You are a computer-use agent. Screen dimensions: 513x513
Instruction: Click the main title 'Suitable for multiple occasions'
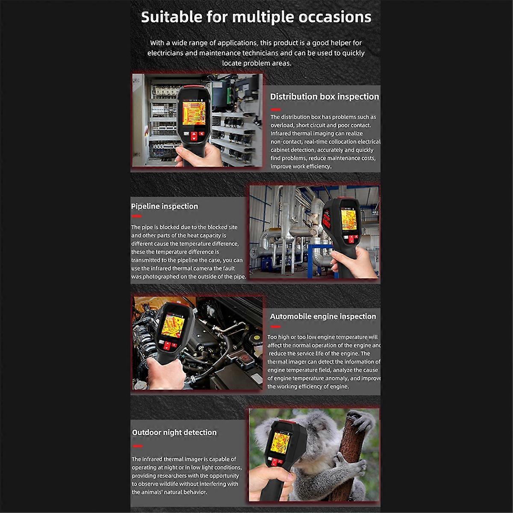(256, 17)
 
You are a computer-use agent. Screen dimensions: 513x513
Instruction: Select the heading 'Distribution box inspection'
(324, 97)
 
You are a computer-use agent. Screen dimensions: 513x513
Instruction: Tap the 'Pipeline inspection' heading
(165, 206)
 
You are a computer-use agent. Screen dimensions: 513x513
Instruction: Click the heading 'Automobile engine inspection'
(323, 316)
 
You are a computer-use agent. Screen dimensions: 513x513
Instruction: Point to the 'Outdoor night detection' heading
(174, 432)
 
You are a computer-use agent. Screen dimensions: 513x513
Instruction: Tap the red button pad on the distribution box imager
(195, 136)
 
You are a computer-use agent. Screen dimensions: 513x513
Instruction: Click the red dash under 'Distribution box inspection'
(276, 110)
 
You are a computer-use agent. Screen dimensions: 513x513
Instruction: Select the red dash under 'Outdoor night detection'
(137, 445)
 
